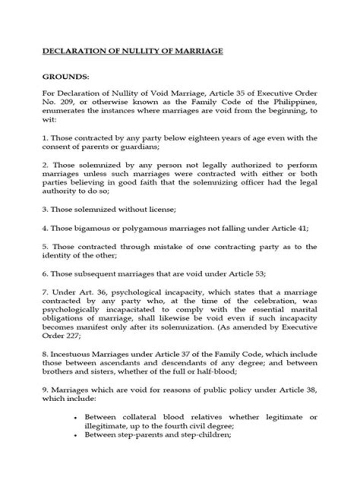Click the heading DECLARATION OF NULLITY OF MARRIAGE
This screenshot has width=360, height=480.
pos(131,51)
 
